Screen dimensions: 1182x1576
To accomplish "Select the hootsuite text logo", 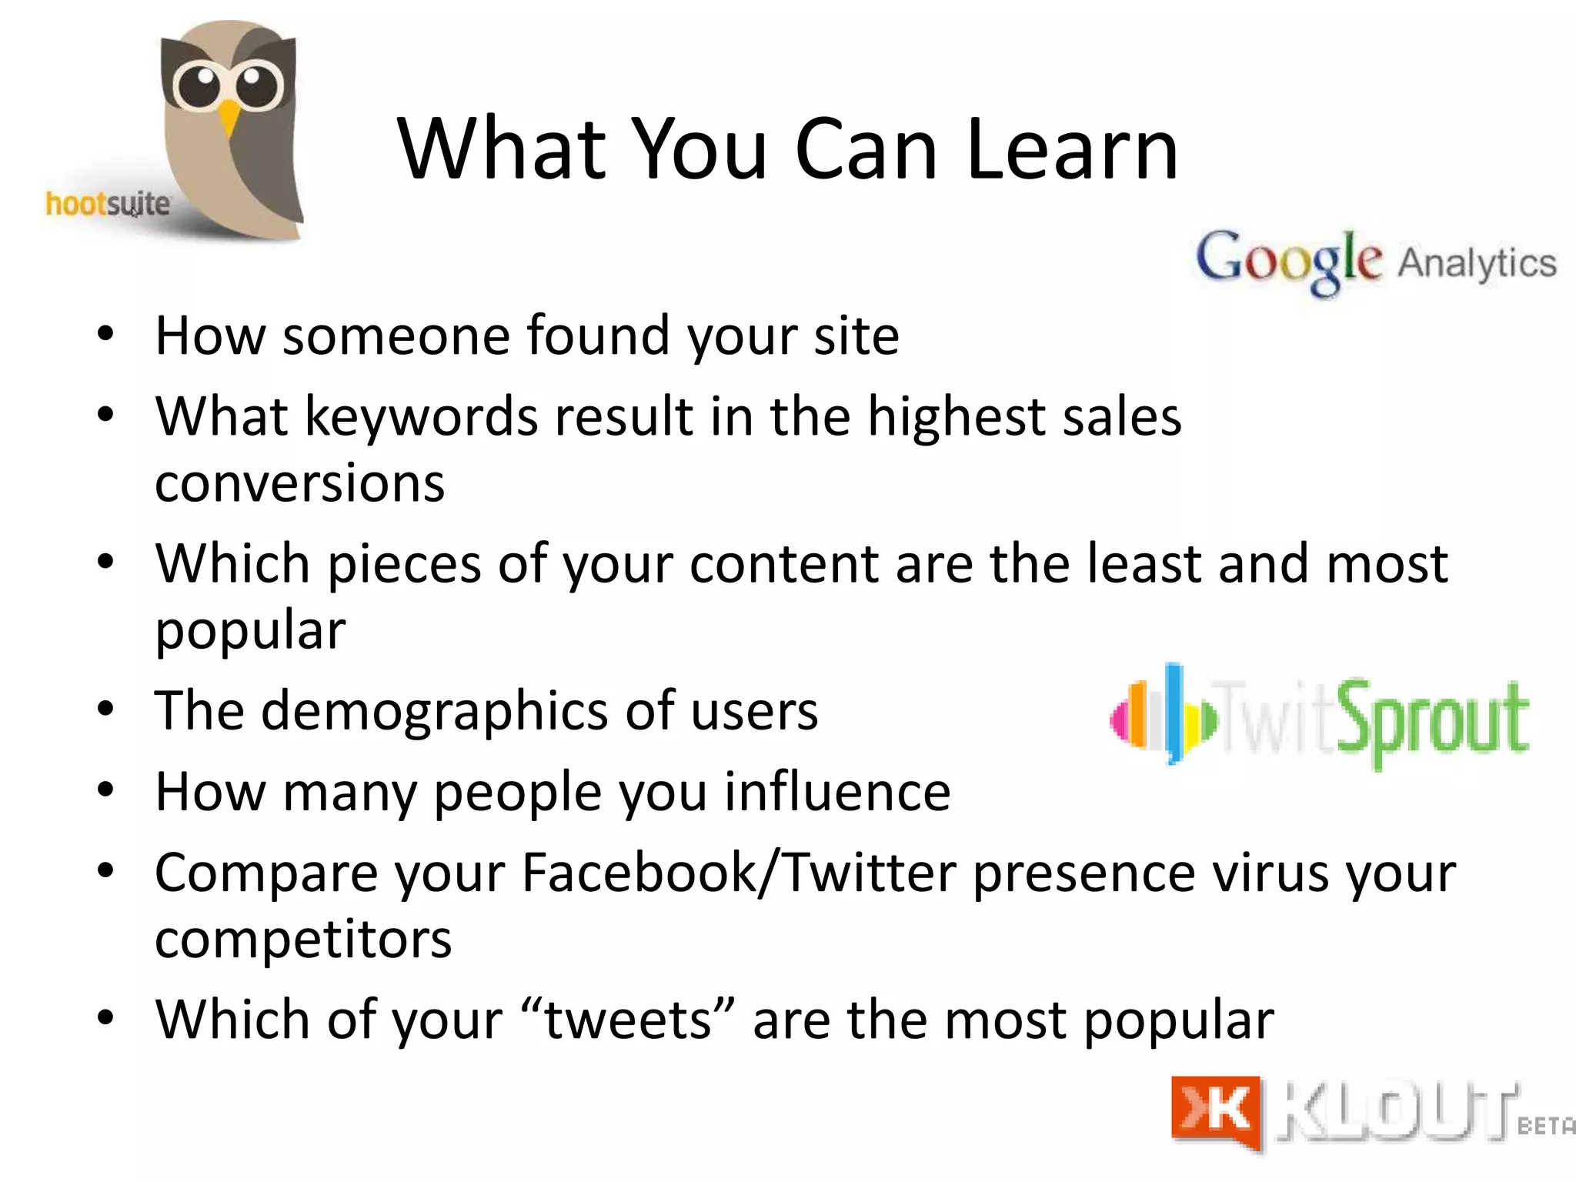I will point(108,205).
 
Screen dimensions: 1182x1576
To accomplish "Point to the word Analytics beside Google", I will point(1477,263).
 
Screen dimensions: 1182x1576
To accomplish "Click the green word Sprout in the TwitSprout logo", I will point(1432,720).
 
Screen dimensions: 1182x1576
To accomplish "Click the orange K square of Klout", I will point(1216,1111).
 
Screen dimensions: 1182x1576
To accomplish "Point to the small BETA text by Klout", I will point(1545,1126).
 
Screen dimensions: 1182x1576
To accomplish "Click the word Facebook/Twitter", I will point(739,873).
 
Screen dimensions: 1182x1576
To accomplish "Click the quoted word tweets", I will point(628,1020).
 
